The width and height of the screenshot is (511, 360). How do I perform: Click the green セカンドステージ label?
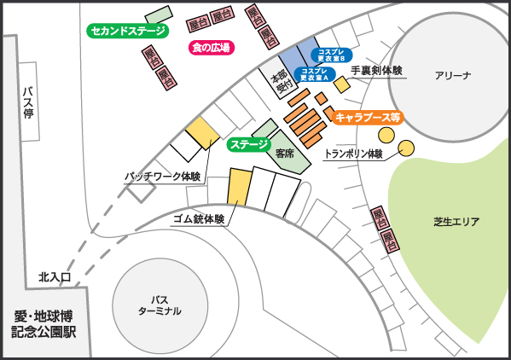click(x=128, y=31)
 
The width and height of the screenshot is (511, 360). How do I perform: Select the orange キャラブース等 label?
click(x=368, y=117)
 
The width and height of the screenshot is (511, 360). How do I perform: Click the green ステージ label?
click(x=249, y=144)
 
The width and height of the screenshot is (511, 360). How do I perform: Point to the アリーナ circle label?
click(x=452, y=75)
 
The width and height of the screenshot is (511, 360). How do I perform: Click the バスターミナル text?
click(x=160, y=305)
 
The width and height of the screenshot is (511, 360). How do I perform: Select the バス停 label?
click(x=28, y=102)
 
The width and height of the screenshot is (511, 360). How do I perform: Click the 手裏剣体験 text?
click(x=376, y=72)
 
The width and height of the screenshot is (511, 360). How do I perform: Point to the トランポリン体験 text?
click(x=352, y=154)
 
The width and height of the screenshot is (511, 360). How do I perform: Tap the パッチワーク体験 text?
click(x=162, y=177)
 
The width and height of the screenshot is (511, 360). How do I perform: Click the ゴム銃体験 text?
click(x=198, y=218)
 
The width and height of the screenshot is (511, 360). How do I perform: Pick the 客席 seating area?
click(x=286, y=153)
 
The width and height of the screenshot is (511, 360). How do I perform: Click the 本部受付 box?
click(x=280, y=81)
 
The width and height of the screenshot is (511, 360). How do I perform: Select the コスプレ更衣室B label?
click(x=330, y=55)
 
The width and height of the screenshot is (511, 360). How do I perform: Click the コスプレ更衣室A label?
click(x=314, y=73)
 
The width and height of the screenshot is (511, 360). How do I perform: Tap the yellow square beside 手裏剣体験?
click(x=341, y=84)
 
